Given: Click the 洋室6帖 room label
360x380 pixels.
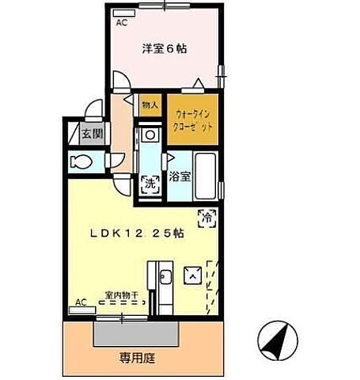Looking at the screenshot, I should (165, 49).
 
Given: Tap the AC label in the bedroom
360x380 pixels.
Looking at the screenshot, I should (121, 24).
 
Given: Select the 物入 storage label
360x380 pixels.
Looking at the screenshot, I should (150, 104).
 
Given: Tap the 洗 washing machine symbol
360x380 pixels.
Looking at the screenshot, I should (150, 184).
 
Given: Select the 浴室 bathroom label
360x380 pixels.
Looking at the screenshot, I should (179, 177).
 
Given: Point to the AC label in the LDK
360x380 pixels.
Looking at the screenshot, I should (81, 302).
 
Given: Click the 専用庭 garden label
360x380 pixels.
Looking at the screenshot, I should (137, 358).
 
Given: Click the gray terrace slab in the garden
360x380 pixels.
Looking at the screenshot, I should (131, 332).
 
